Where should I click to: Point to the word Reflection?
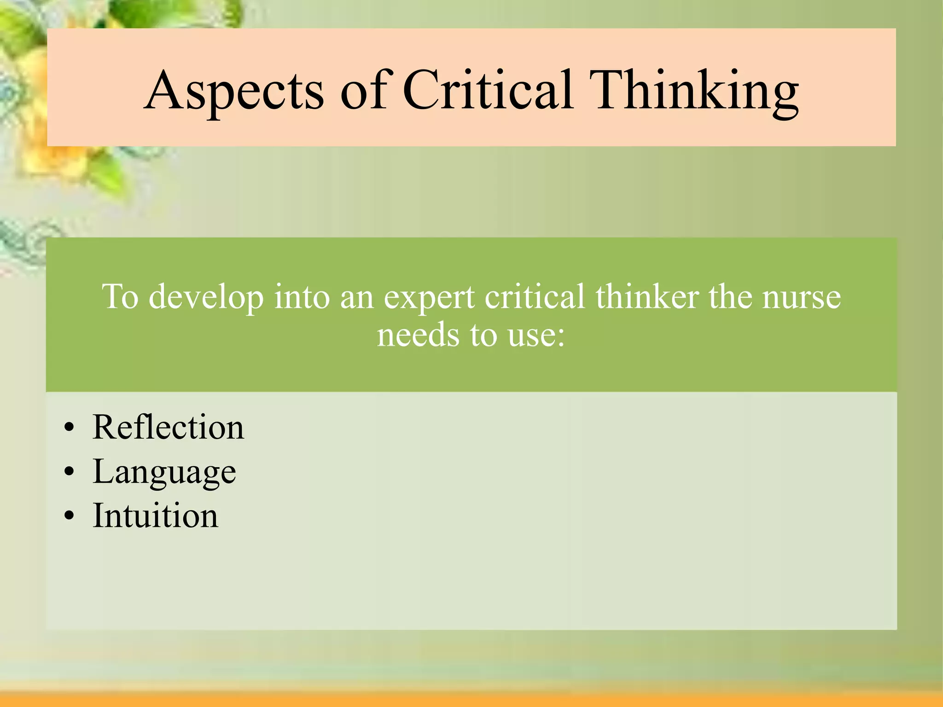(x=168, y=427)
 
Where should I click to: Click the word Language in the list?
(x=164, y=472)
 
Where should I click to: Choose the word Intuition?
(x=155, y=516)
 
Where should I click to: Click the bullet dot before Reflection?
(x=69, y=429)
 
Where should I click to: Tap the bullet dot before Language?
(x=69, y=472)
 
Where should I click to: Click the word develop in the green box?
(x=206, y=297)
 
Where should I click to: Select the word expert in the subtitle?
(x=429, y=297)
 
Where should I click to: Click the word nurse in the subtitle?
(x=802, y=297)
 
